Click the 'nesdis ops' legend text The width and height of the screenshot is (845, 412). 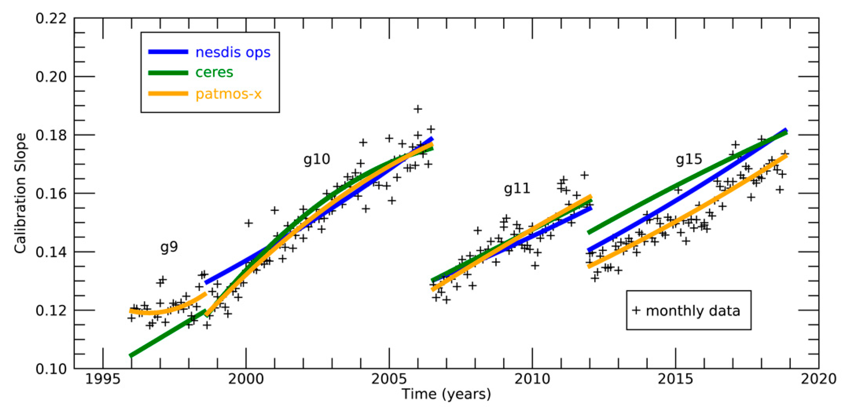tap(232, 53)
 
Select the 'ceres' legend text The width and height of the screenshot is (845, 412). tap(214, 72)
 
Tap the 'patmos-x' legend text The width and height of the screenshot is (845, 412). tap(228, 94)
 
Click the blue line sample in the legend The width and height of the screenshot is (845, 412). tap(168, 52)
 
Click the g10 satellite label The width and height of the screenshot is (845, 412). tap(317, 160)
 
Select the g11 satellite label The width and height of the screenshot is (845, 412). tap(517, 189)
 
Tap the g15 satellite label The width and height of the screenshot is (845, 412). tap(688, 160)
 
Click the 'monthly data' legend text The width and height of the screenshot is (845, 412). tap(693, 311)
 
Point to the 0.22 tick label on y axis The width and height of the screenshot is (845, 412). tap(51, 18)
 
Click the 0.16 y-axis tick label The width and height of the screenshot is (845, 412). tap(51, 194)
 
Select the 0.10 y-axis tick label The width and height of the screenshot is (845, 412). tap(51, 369)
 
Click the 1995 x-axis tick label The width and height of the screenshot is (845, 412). tap(103, 379)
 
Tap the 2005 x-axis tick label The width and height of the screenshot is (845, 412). tap(389, 379)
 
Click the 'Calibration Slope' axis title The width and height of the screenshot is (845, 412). tap(20, 193)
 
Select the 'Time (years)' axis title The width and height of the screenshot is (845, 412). tap(446, 394)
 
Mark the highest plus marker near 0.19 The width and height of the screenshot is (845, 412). tap(418, 109)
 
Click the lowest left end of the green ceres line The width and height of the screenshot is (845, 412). tap(131, 356)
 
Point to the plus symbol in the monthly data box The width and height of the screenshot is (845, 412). tap(636, 310)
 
